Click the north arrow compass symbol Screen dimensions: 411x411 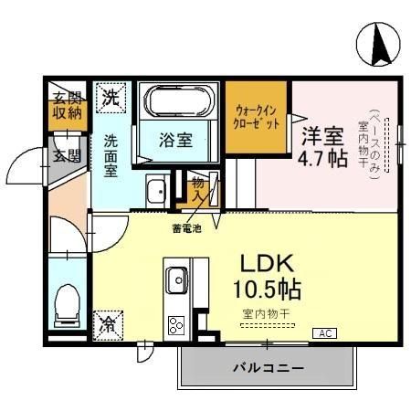coord(379,43)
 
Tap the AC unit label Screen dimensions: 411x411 coord(323,333)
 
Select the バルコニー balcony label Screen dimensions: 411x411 coord(268,368)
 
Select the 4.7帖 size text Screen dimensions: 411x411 coord(324,157)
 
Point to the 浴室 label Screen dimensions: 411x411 coord(177,141)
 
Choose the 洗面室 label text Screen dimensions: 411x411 coord(110,155)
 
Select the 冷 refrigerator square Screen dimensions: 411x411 coord(108,322)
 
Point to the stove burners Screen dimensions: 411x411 coord(174,325)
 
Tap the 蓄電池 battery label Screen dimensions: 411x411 coord(184,227)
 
